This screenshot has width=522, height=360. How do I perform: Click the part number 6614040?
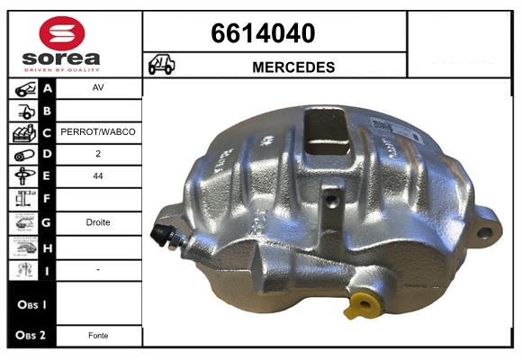pyautogui.click(x=263, y=33)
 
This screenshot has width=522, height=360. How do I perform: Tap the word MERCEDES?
pyautogui.click(x=294, y=67)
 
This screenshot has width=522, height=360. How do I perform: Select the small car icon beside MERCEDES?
pyautogui.click(x=162, y=66)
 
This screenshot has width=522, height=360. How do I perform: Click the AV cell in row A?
pyautogui.click(x=98, y=89)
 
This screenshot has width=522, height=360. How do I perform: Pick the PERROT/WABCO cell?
pyautogui.click(x=98, y=132)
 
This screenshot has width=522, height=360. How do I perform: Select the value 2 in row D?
pyautogui.click(x=98, y=154)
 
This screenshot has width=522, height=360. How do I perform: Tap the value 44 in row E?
pyautogui.click(x=98, y=176)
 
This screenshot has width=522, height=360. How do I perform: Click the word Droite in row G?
pyautogui.click(x=98, y=221)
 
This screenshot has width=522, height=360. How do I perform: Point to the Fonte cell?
pyautogui.click(x=98, y=336)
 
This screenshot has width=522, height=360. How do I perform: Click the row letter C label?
pyautogui.click(x=47, y=132)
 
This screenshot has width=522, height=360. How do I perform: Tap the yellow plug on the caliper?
pyautogui.click(x=362, y=304)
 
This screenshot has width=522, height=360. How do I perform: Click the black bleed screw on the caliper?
pyautogui.click(x=163, y=233)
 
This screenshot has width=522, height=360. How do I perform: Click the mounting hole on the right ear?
pyautogui.click(x=484, y=232)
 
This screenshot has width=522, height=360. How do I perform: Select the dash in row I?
pyautogui.click(x=98, y=269)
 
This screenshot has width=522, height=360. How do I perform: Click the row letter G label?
pyautogui.click(x=47, y=221)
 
